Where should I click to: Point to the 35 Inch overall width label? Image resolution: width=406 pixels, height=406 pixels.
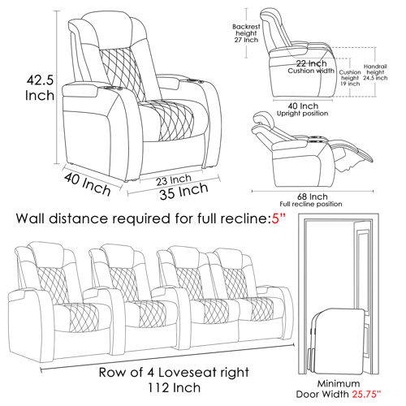click(183, 192)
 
